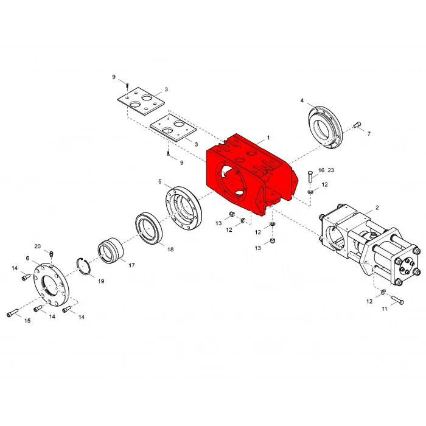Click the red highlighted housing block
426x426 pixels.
(250, 174)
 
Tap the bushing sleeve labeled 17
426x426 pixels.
(110, 250)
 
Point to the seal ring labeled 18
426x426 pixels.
(148, 228)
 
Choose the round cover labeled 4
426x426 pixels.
(325, 127)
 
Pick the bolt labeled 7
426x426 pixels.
(357, 125)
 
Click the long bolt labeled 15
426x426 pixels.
(12, 312)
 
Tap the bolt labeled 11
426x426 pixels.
(398, 299)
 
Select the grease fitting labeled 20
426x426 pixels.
(51, 254)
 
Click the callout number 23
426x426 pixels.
(330, 170)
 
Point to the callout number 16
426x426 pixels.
(321, 170)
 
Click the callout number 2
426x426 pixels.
(377, 208)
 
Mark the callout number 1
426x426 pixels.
(268, 138)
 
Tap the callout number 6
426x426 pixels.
(27, 258)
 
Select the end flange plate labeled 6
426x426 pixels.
(51, 284)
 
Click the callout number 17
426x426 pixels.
(132, 265)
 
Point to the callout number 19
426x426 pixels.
(101, 281)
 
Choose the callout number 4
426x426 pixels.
(302, 100)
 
